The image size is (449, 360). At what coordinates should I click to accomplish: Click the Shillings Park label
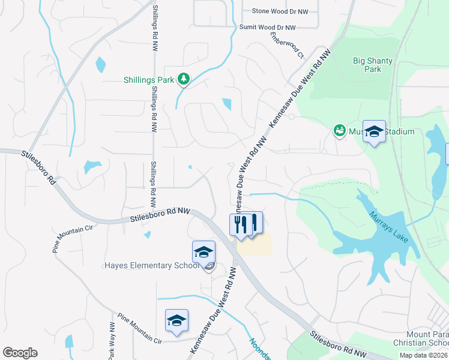coord(149,79)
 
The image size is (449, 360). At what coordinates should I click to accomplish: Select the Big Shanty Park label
coord(367,65)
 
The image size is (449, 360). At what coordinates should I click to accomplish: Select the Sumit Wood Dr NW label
coord(268,28)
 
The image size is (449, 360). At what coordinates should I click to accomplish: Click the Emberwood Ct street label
coord(287,45)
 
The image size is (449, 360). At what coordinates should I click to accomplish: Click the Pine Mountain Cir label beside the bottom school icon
coord(140,328)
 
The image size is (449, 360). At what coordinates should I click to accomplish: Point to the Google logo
coord(20,353)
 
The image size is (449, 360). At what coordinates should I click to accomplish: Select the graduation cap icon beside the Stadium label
coord(374,133)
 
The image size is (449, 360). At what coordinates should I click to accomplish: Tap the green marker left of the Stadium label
coord(339,131)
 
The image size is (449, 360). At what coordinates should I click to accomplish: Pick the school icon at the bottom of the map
coord(177,321)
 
